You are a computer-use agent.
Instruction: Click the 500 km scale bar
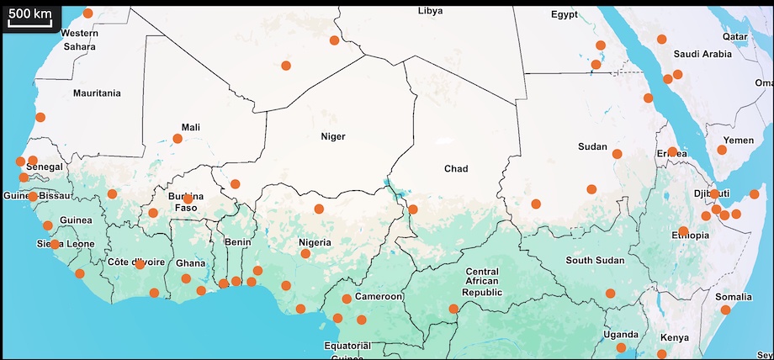30,17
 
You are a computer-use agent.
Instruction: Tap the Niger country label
333,135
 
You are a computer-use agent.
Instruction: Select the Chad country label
455,169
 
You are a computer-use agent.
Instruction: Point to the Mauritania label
97,93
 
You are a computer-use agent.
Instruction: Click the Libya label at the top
430,11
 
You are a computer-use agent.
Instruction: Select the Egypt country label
565,14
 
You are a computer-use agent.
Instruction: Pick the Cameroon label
380,297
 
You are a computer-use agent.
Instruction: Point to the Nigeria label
316,243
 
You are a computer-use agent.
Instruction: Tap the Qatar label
734,37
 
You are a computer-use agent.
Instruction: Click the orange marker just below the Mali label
178,139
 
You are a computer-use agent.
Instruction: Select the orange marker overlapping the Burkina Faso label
188,199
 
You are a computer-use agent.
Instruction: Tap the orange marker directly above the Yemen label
722,150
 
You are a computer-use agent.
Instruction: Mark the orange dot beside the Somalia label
725,310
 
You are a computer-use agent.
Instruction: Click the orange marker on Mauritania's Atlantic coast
40,117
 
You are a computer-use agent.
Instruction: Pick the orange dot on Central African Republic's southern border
453,309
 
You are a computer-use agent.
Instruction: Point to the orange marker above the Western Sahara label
88,13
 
